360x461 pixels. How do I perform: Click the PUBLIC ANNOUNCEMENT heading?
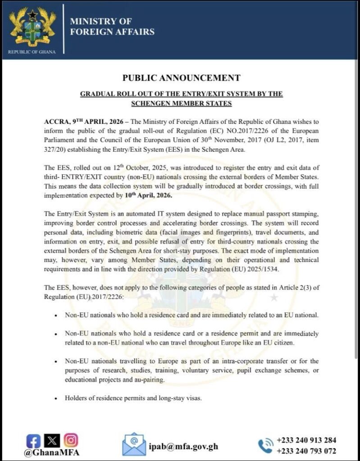tap(181, 78)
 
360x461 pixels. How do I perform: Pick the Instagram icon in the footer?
tap(70, 440)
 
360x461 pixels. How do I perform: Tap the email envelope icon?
tap(134, 444)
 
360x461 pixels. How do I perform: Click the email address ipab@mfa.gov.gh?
tap(183, 446)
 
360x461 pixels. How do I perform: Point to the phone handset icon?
tap(265, 445)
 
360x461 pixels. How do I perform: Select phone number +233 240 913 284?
tap(306, 440)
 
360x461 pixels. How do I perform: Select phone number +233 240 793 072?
tap(306, 451)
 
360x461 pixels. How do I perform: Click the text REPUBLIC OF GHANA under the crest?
tap(32, 52)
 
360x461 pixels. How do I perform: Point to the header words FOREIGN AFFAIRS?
tap(112, 32)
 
